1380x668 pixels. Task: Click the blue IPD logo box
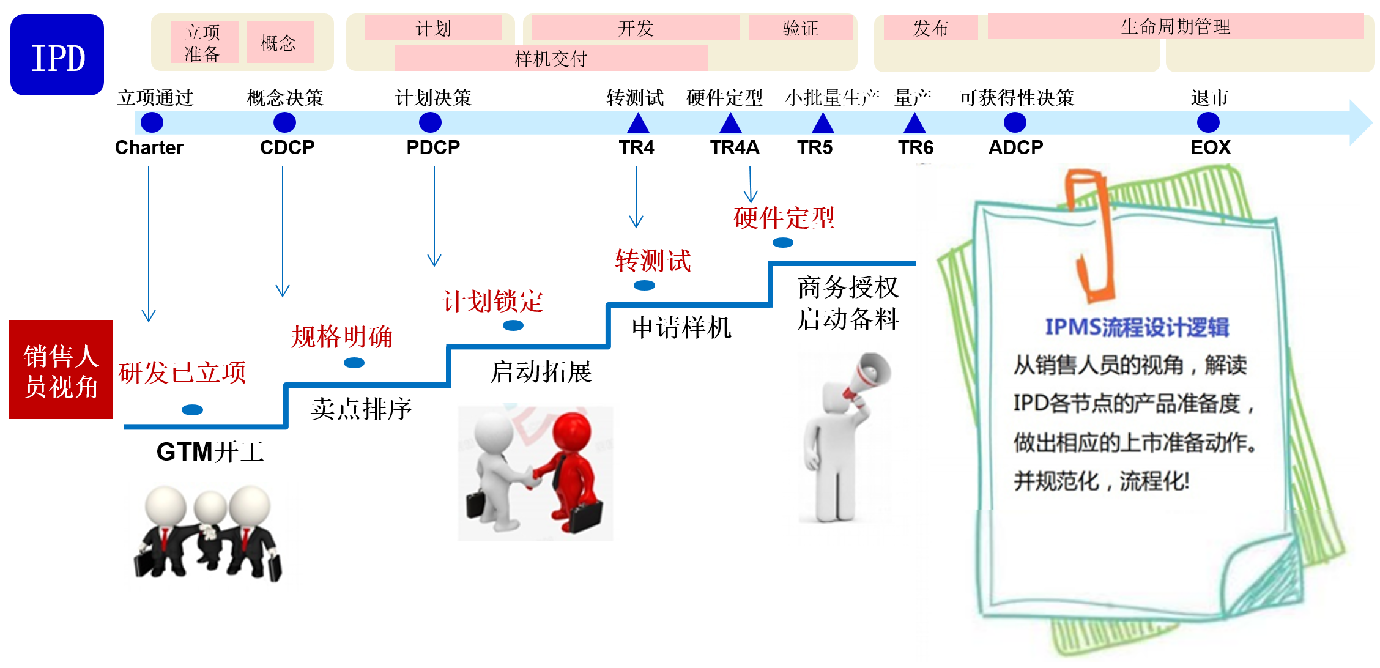point(57,55)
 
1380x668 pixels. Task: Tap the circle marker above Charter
point(152,122)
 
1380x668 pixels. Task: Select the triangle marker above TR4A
point(730,124)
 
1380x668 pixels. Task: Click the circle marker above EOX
point(1207,122)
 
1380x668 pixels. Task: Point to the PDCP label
point(433,147)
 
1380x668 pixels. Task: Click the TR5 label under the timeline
point(815,147)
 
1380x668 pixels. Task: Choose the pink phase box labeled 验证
point(800,28)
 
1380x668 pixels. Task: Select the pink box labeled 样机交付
point(551,59)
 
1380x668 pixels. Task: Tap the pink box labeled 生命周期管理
point(1175,26)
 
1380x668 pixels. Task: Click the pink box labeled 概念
point(280,42)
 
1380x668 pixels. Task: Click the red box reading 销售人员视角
point(61,369)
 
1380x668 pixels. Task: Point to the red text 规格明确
point(341,336)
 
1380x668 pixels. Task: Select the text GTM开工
point(210,452)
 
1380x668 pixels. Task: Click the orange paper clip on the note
point(1092,239)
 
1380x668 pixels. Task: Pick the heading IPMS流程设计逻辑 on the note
point(1137,327)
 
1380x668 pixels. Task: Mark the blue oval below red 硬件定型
point(782,243)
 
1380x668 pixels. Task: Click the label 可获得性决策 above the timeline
point(1016,98)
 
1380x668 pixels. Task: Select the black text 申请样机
point(681,328)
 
